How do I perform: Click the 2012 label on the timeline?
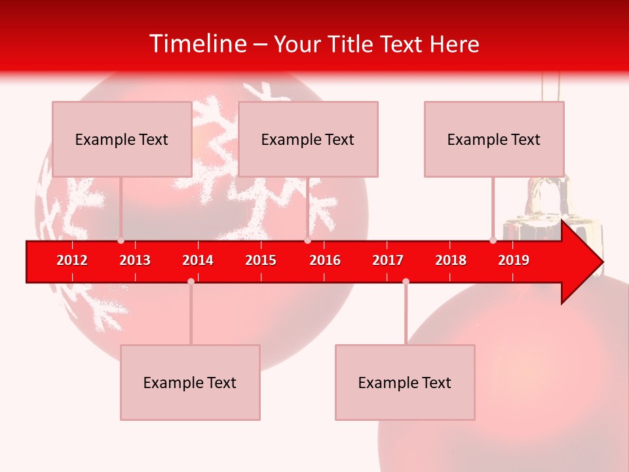coord(72,260)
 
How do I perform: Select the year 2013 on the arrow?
coord(135,260)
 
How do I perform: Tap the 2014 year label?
coord(198,260)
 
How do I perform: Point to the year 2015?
coord(261,260)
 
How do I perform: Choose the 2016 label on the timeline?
coord(325,260)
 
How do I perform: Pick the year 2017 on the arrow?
coord(388,260)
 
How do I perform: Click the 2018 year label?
coord(451,260)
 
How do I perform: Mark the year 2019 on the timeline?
coord(514,260)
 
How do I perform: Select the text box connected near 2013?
coord(122,139)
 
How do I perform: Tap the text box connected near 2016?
coord(308,139)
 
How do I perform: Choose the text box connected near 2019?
coord(494,139)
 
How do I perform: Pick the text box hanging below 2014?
coord(190,382)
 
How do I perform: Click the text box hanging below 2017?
coord(405,382)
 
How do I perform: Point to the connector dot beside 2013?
coord(121,241)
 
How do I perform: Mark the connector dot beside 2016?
coord(307,241)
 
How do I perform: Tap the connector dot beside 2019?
coord(493,241)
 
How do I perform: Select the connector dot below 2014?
coord(191,281)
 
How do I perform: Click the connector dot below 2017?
coord(406,281)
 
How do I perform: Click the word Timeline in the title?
coord(197,44)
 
